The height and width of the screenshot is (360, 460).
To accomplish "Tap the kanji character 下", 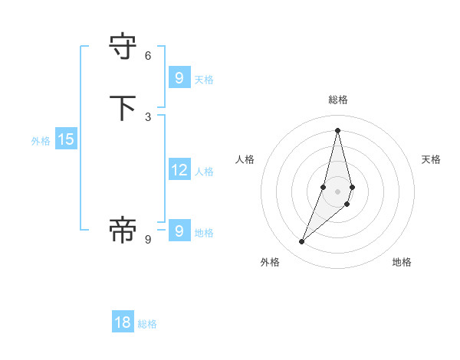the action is click(123, 108).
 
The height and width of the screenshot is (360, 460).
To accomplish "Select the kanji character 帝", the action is click(123, 230).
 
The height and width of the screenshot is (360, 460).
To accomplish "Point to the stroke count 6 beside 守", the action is click(148, 56).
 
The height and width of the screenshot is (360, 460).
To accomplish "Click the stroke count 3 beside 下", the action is click(148, 116).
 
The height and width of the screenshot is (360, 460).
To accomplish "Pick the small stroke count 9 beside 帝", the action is click(148, 239).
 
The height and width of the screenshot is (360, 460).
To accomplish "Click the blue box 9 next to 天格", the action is click(179, 77).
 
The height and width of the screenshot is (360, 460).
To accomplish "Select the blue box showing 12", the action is click(179, 170).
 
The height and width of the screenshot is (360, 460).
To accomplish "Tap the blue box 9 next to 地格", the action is click(179, 231).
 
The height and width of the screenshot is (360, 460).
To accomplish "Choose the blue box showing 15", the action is click(65, 139).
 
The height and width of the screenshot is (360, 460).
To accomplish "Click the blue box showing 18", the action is click(123, 322).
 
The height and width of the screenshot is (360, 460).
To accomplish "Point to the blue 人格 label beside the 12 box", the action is click(204, 172).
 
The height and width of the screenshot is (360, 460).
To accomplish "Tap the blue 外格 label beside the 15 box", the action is click(41, 141).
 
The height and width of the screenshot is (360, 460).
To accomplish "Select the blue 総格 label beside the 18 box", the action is click(147, 324).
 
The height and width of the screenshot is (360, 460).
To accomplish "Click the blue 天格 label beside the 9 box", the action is click(204, 79).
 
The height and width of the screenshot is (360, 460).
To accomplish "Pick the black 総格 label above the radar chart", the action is click(337, 100).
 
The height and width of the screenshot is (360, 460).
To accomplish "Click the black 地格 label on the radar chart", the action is click(402, 262).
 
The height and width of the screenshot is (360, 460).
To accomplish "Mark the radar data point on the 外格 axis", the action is click(301, 242).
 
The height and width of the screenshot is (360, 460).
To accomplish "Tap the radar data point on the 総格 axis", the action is click(337, 130).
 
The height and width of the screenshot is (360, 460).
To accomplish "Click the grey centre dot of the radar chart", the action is click(337, 191).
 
